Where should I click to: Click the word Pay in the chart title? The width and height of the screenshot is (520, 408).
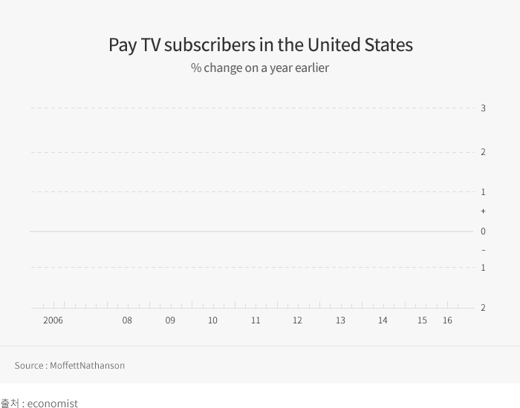coord(123,45)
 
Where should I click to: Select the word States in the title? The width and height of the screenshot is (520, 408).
coord(389,45)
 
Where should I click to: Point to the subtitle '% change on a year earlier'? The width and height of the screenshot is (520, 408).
coord(260,68)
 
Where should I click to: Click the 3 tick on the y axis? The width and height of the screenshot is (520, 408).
coord(483,108)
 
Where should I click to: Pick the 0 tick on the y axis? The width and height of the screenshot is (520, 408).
coord(483,231)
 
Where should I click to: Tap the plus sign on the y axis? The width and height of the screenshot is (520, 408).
coord(483,211)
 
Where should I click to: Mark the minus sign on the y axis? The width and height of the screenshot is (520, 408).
coord(483,251)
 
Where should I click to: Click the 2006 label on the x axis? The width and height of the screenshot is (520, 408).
coord(53,320)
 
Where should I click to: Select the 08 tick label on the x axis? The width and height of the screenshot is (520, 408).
coord(127,320)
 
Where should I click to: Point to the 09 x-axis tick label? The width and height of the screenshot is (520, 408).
coord(170,320)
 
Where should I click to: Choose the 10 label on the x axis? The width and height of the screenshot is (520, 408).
coord(212,320)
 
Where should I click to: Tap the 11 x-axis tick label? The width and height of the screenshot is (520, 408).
coord(256,320)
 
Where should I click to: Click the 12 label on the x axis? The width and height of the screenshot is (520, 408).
coord(297,320)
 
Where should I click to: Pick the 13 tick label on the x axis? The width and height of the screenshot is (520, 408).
coord(340,320)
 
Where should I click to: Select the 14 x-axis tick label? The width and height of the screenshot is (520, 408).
coord(383,320)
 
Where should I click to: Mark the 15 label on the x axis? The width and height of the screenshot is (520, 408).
coord(422,320)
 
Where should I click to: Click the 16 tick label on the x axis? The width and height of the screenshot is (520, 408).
coord(447,320)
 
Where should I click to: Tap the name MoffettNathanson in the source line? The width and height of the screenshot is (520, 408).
coord(87,366)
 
